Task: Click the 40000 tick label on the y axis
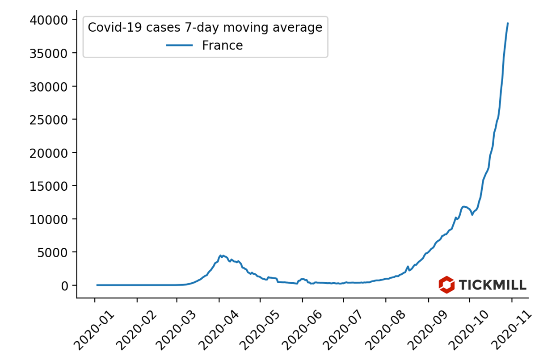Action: (x=49, y=20)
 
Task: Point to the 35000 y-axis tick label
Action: (x=49, y=53)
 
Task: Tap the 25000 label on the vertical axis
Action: (x=49, y=120)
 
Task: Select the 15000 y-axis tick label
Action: (x=49, y=186)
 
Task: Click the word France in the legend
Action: (x=222, y=46)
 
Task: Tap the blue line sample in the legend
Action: (x=180, y=46)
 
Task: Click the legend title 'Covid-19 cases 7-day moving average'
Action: (x=205, y=28)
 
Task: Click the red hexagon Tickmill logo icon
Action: (x=446, y=285)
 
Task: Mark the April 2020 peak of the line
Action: (x=220, y=255)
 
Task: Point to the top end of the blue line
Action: (x=508, y=23)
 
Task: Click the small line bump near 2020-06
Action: (x=303, y=279)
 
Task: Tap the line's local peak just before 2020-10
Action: (x=464, y=206)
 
